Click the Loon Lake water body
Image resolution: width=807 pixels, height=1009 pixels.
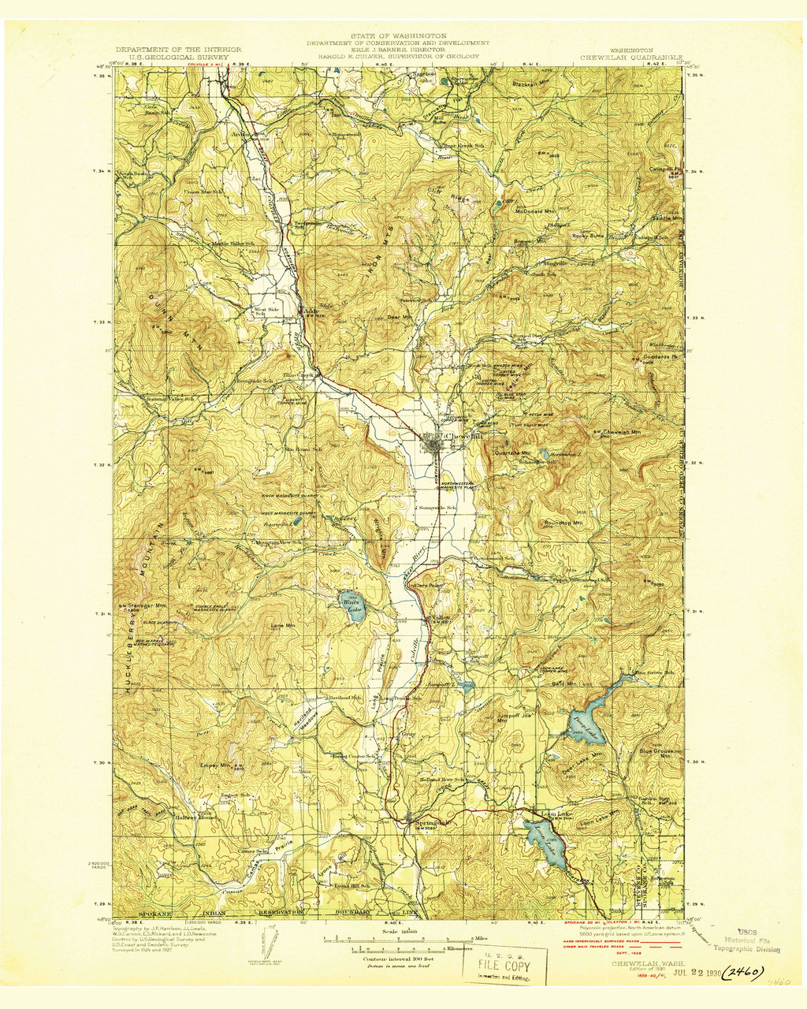(548, 843)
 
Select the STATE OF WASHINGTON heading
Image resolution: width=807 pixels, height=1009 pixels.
(399, 35)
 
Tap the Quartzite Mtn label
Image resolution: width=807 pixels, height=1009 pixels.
(512, 453)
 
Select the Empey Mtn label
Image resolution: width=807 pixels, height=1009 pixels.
(214, 765)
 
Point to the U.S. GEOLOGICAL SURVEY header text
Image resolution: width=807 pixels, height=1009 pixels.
(172, 57)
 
